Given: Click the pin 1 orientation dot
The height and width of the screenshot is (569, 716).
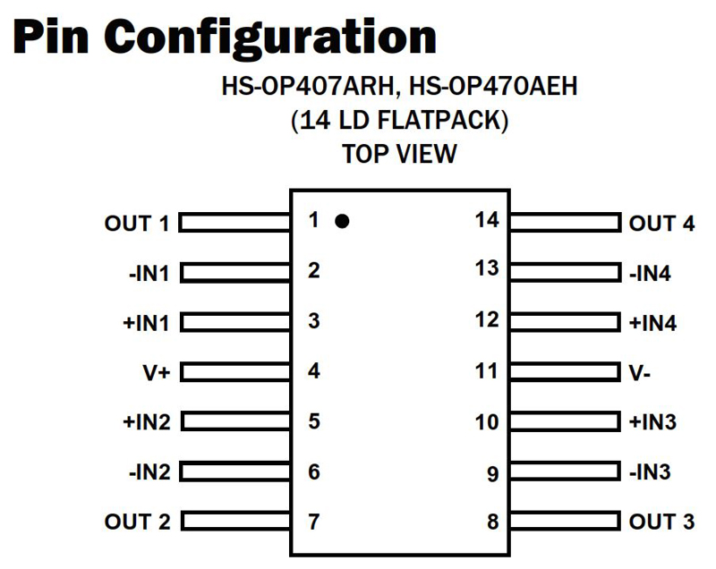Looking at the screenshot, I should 342,221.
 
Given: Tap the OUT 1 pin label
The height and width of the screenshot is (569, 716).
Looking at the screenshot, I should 136,224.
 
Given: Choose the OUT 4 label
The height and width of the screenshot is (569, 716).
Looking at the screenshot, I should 661,224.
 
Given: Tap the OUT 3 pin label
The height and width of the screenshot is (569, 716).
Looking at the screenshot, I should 661,522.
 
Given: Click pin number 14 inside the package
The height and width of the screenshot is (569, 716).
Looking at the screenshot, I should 487,220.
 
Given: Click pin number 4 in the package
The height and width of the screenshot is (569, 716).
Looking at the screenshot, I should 313,370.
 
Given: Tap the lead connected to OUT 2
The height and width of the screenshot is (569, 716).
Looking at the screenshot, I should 234,521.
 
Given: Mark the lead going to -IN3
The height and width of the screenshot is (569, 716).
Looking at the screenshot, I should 565,471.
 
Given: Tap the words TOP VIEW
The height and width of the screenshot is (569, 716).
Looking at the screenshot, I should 399,154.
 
